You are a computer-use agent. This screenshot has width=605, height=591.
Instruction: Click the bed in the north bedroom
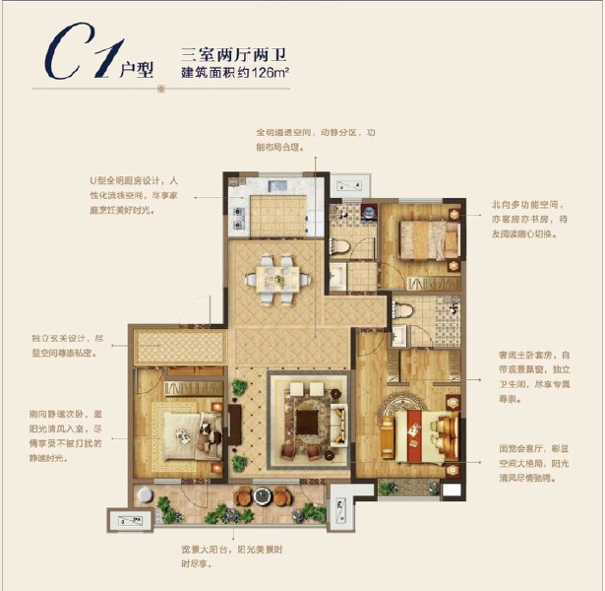coord(429,239)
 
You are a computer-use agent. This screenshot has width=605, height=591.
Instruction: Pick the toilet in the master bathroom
coord(405,312)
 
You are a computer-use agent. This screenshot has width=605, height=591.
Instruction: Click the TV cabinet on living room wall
coord(236,419)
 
